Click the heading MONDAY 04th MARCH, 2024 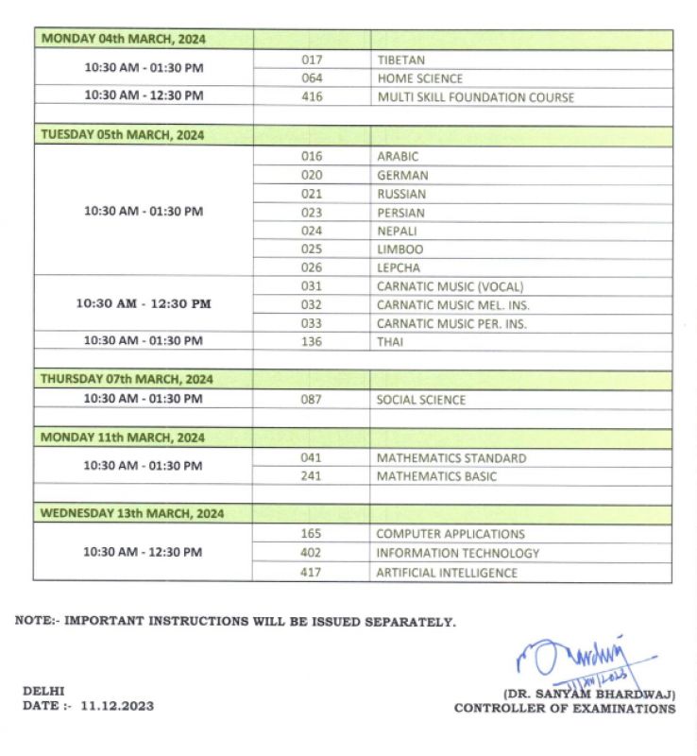click(123, 40)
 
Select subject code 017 click(312, 60)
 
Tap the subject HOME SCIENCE click(419, 78)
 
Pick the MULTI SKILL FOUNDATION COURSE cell click(475, 97)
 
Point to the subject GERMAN click(402, 175)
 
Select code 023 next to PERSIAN click(312, 213)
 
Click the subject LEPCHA click(399, 267)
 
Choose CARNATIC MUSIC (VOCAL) click(450, 286)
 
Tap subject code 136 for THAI click(312, 342)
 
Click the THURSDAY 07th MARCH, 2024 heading click(127, 379)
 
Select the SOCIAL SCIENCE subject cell click(420, 400)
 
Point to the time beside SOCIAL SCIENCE click(144, 399)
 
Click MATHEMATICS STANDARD click(451, 458)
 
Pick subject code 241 click(312, 476)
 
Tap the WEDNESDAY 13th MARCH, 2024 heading click(132, 513)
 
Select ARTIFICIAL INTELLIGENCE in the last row click(447, 573)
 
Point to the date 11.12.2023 click(117, 705)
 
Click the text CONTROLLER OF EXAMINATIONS click(564, 708)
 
